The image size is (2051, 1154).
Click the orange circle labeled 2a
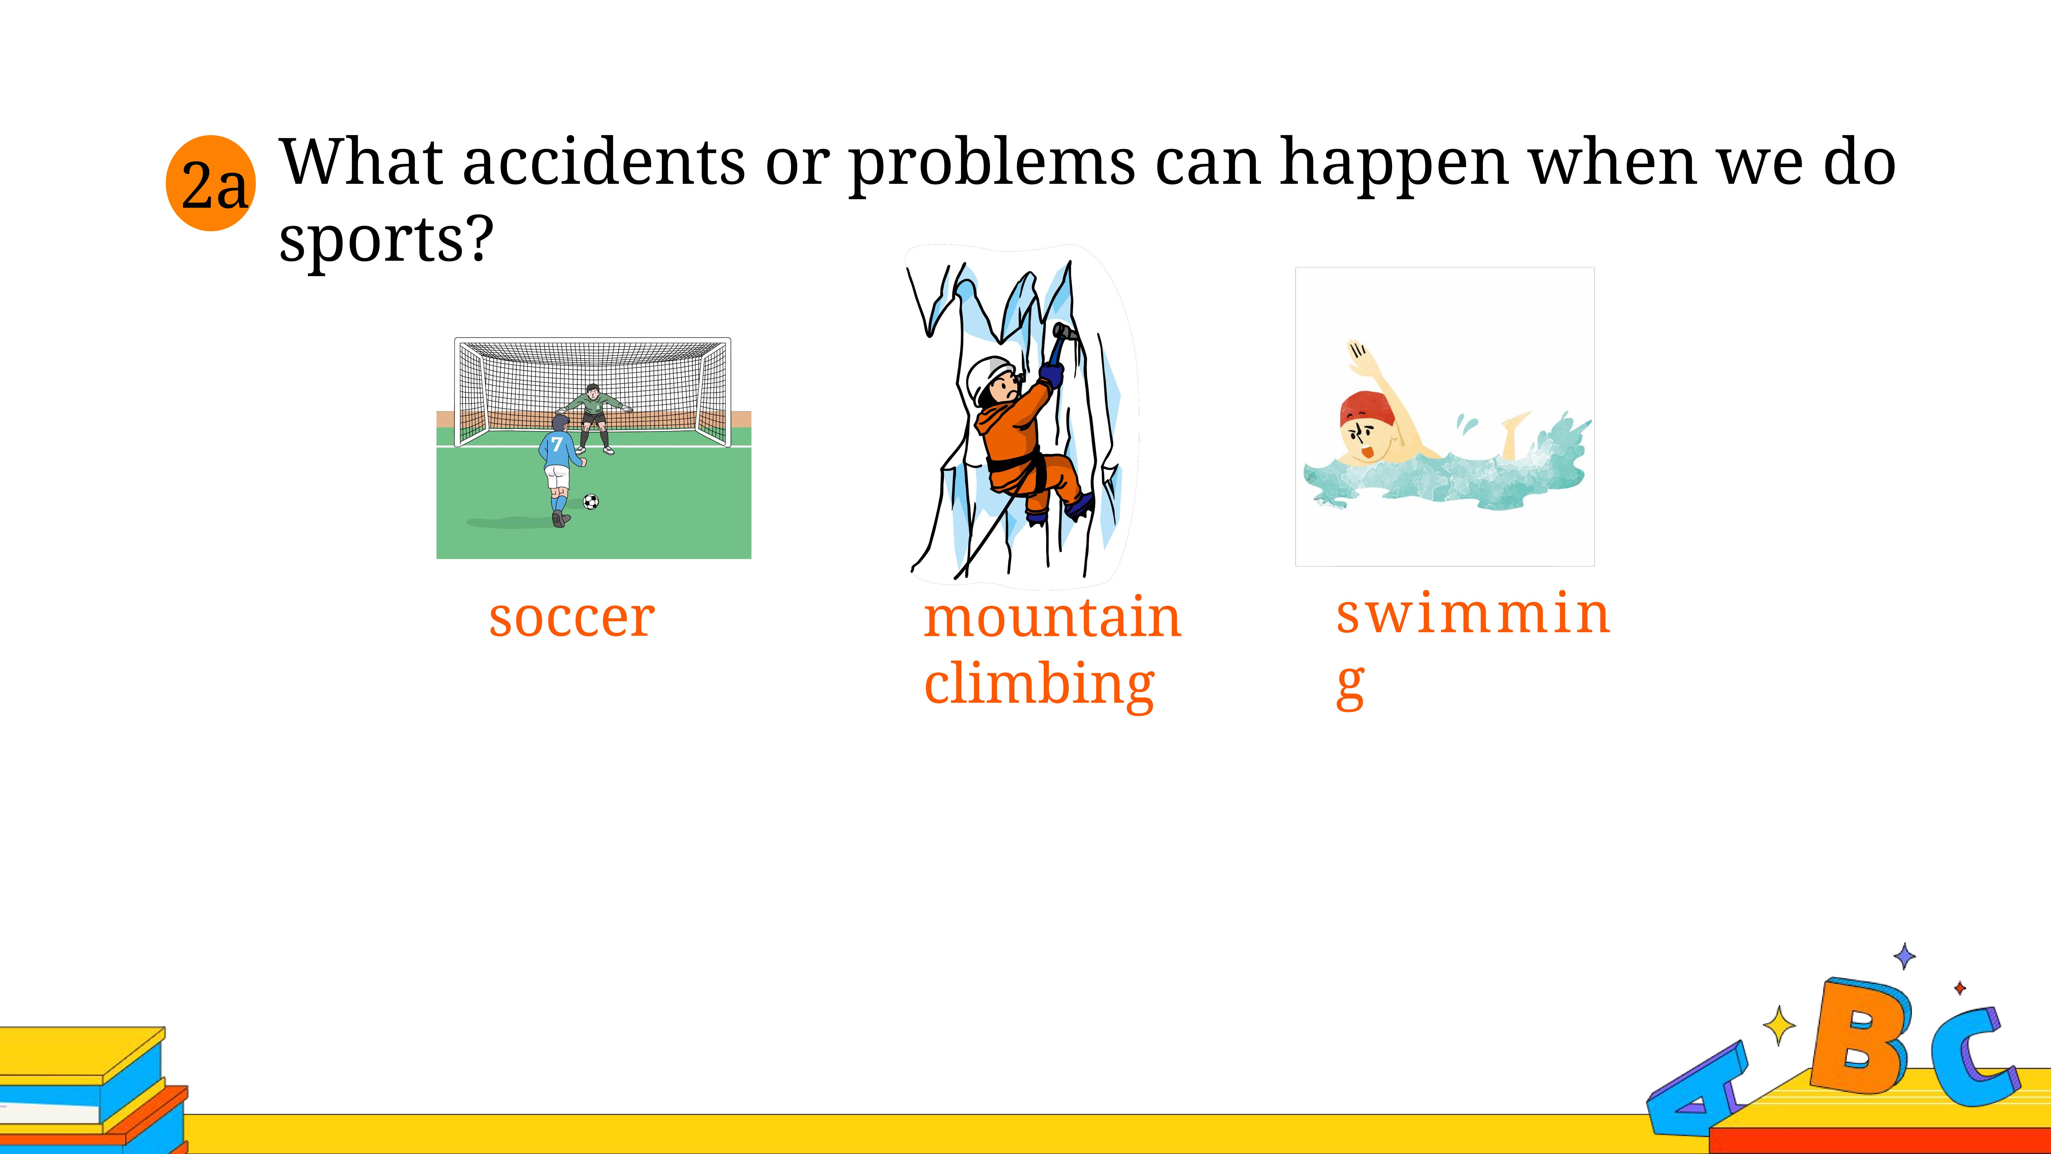pos(211,183)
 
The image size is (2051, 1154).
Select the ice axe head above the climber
pos(1065,331)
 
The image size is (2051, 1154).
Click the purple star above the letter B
pos(1904,956)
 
